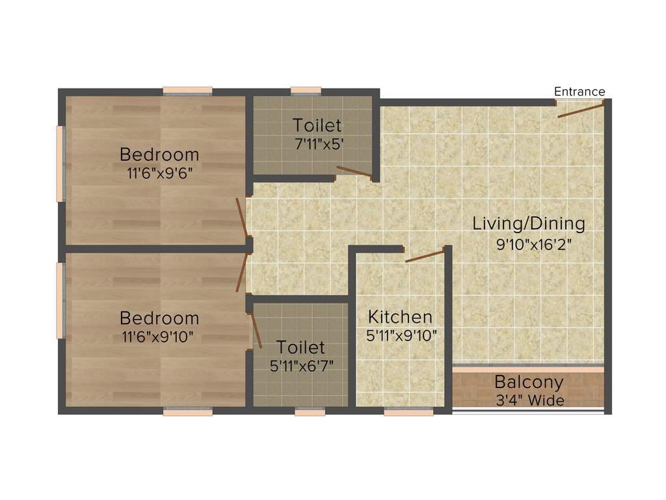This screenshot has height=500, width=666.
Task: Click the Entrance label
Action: (x=579, y=92)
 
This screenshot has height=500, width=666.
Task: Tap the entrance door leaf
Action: (x=581, y=109)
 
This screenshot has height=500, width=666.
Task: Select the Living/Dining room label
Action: (x=528, y=224)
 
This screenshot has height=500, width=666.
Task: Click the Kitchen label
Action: (x=400, y=317)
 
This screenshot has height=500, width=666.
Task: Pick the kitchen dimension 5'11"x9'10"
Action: (x=401, y=335)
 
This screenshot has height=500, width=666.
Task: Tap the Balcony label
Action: (x=528, y=382)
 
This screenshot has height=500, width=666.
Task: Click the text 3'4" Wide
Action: (x=528, y=400)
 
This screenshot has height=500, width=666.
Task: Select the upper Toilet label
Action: (x=316, y=125)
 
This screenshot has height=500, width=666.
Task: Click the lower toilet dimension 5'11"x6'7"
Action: (x=301, y=365)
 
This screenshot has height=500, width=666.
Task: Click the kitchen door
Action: (x=425, y=255)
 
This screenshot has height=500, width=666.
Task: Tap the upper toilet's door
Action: (x=354, y=172)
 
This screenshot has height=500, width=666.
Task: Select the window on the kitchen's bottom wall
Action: (x=408, y=411)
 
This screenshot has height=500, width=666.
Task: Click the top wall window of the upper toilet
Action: (x=306, y=90)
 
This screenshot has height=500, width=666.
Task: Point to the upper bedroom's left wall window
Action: (x=60, y=163)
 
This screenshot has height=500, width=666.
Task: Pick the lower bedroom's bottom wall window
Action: (x=187, y=411)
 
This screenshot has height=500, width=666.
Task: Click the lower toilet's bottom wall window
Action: (x=310, y=411)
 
